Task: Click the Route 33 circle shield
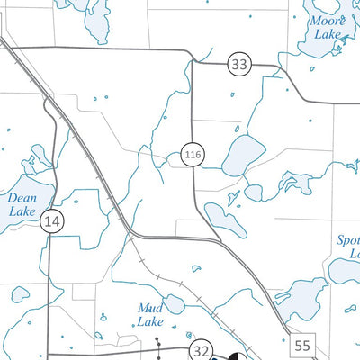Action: point(239,64)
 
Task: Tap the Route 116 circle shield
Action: point(191,155)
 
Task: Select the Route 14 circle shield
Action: point(53,220)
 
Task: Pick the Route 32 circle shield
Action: point(201,352)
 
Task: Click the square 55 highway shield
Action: point(302,345)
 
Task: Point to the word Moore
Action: point(328,20)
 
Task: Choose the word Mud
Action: point(149,308)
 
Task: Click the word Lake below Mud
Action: point(150,322)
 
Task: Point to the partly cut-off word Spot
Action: point(347,240)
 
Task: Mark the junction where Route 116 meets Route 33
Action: point(192,61)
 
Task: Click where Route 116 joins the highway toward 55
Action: point(221,243)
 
